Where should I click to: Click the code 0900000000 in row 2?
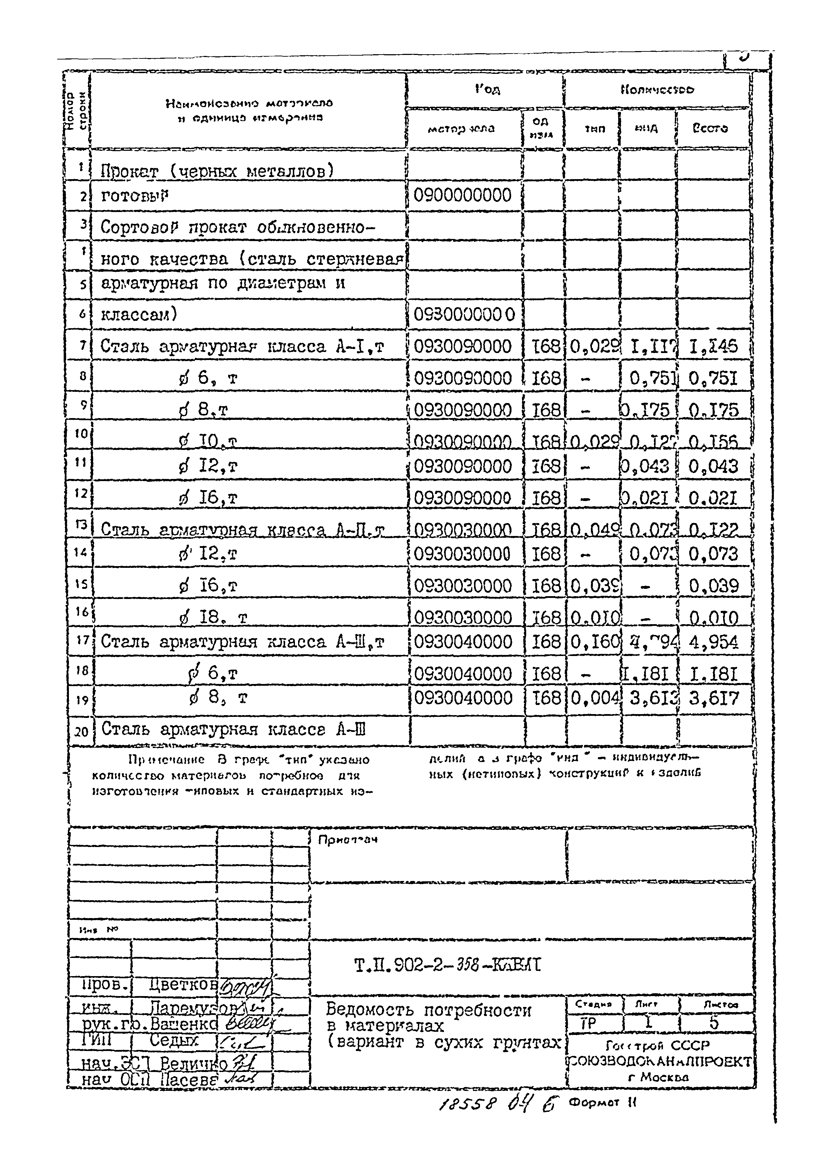pos(462,196)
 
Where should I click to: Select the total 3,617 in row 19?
pos(713,698)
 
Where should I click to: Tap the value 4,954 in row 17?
pos(713,642)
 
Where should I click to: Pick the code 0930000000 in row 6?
pos(464,314)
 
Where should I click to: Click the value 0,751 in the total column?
pos(713,379)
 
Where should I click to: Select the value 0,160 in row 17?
pos(593,642)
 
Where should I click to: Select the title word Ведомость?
pos(369,1010)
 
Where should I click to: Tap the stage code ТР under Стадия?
pos(588,1023)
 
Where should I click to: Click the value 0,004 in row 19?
pos(593,698)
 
